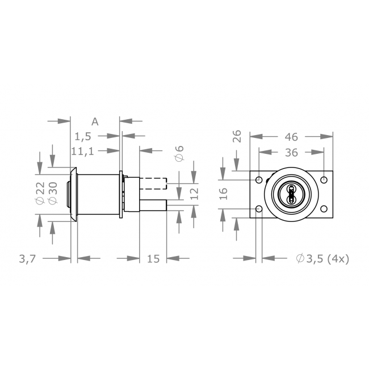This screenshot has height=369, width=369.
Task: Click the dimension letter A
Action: (x=95, y=121)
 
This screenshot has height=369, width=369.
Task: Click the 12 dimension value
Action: (x=194, y=193)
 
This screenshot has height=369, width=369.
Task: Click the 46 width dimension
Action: (x=291, y=136)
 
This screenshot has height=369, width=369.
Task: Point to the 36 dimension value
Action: (x=291, y=152)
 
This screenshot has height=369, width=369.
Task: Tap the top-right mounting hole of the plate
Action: (x=324, y=179)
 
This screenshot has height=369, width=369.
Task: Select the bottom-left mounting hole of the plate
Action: (x=259, y=209)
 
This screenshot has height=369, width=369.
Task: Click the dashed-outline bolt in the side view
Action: (x=152, y=184)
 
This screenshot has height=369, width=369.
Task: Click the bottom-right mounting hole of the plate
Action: (x=324, y=209)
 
